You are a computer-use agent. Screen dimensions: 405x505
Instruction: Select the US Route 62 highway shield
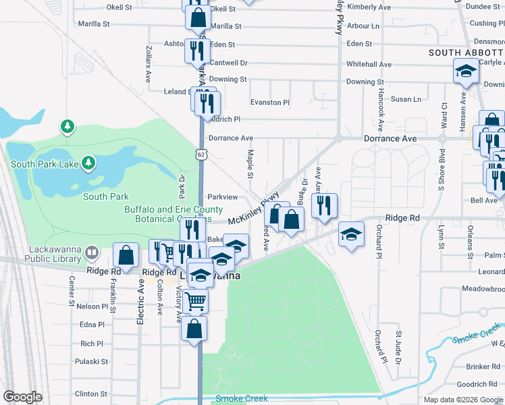pos(201,155)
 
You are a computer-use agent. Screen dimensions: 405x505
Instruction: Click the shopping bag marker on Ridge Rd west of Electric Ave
pos(126,255)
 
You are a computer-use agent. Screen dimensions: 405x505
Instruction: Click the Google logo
pos(23,397)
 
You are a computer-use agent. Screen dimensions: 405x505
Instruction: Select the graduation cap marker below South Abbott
pos(465,72)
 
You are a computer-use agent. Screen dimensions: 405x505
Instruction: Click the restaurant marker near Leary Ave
pos(325,205)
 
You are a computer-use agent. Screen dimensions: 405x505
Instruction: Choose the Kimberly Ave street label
pos(369,7)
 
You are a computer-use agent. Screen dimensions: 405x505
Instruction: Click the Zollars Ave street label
pos(149,65)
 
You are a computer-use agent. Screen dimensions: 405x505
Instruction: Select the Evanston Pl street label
pos(270,103)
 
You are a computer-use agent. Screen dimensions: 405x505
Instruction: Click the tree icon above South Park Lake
pos(67,126)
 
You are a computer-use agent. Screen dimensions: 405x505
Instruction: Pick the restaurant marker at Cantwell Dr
pos(196,50)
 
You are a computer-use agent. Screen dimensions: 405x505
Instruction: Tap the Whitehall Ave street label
pos(369,64)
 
